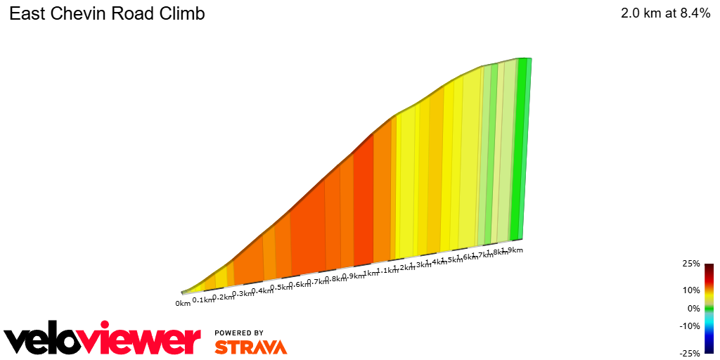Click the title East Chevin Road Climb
pyautogui.click(x=107, y=14)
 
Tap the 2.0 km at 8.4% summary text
pyautogui.click(x=665, y=14)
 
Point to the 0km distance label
pyautogui.click(x=183, y=304)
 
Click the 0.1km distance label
pyautogui.click(x=202, y=300)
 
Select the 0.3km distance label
pyautogui.click(x=243, y=293)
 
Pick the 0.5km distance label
pyautogui.click(x=281, y=288)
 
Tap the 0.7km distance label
pyautogui.click(x=318, y=282)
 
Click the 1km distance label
pyautogui.click(x=371, y=274)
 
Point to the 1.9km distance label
pyautogui.click(x=512, y=250)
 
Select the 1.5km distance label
pyautogui.click(x=451, y=260)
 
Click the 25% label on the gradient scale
pyautogui.click(x=691, y=264)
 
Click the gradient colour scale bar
pyautogui.click(x=709, y=309)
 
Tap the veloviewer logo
pyautogui.click(x=103, y=340)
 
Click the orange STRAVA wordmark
pyautogui.click(x=250, y=347)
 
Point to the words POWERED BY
pyautogui.click(x=239, y=333)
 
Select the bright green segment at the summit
pyautogui.click(x=520, y=148)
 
